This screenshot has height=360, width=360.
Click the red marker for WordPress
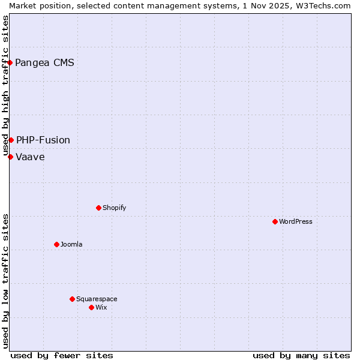click(x=275, y=221)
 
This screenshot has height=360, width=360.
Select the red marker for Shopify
click(x=98, y=208)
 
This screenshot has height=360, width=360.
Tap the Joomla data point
click(x=56, y=244)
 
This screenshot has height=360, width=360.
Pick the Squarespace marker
click(x=72, y=299)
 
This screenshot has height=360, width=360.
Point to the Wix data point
click(x=91, y=307)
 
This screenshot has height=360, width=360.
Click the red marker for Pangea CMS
click(x=10, y=62)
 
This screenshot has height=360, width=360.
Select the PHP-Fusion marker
click(x=11, y=140)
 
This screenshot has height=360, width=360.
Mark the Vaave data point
click(x=10, y=157)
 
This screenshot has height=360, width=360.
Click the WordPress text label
click(x=296, y=221)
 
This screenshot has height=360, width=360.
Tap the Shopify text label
click(x=115, y=208)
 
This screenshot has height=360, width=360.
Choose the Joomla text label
click(x=71, y=244)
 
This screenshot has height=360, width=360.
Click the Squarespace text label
click(x=97, y=299)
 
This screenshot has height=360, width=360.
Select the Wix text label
click(x=101, y=307)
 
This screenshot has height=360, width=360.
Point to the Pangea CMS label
click(x=44, y=62)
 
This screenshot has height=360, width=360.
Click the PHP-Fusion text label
click(x=43, y=140)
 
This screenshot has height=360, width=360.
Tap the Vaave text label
click(x=30, y=157)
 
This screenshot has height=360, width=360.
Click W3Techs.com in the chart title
click(x=327, y=5)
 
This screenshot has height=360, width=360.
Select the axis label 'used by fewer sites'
click(x=62, y=355)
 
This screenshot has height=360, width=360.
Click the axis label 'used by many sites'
click(x=301, y=355)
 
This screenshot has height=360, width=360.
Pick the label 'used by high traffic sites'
click(x=5, y=85)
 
